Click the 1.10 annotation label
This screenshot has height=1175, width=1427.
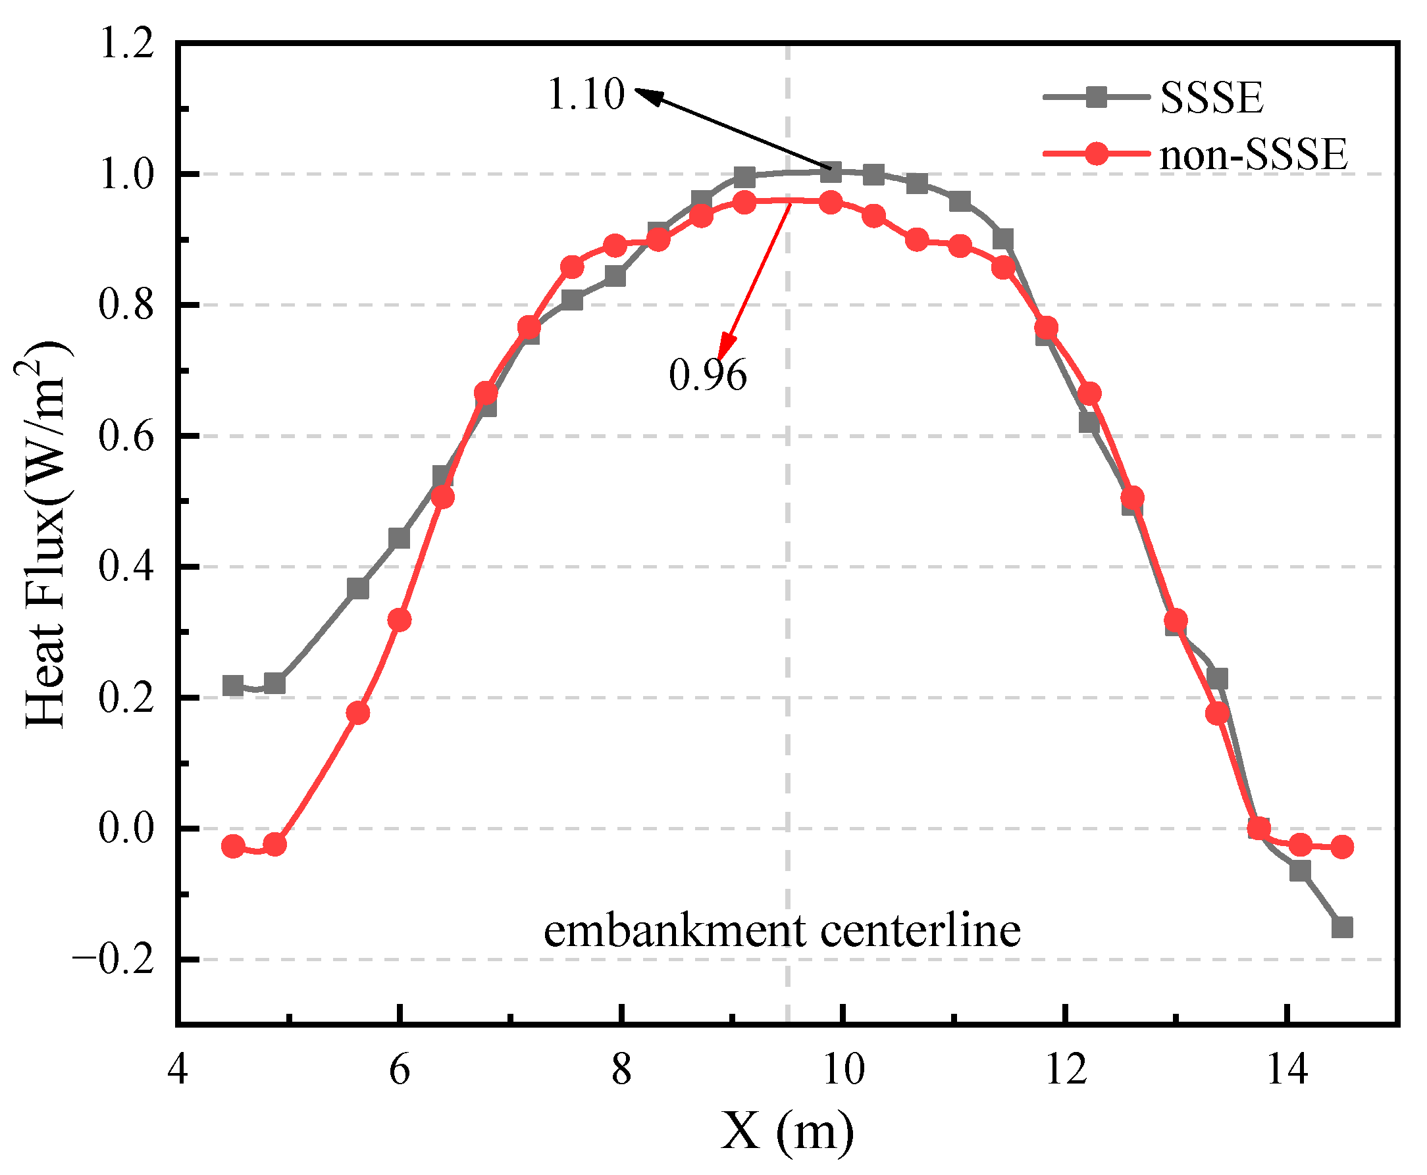(585, 94)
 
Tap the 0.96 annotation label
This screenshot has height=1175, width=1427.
(707, 375)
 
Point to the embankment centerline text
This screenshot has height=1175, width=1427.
(781, 932)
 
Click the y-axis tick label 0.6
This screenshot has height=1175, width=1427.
(126, 436)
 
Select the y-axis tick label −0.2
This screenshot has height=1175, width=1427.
(113, 961)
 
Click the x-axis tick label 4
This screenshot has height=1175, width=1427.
(178, 1072)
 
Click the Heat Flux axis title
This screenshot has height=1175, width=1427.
(46, 535)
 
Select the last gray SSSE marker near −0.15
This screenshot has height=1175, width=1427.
(1341, 927)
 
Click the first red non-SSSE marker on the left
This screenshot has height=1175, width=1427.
(233, 847)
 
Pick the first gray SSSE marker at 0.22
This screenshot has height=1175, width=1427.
(233, 686)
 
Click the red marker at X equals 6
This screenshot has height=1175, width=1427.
(400, 620)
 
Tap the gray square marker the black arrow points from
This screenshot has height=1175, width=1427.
(830, 172)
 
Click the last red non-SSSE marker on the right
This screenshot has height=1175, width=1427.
(1341, 847)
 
